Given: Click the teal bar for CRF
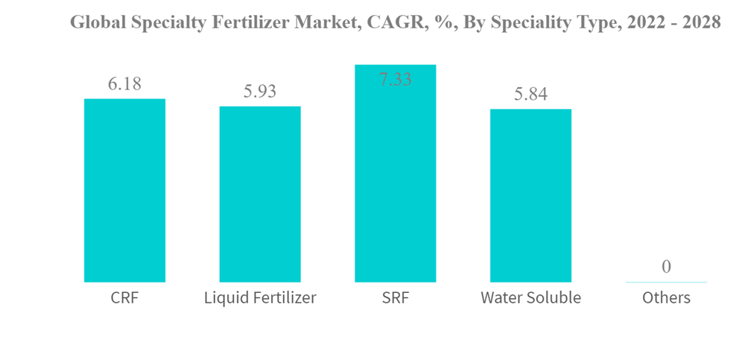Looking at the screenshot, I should click(x=124, y=190).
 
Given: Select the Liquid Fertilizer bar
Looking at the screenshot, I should click(x=260, y=194).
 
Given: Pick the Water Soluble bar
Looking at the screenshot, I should click(x=530, y=195).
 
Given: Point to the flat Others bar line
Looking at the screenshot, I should click(x=666, y=282).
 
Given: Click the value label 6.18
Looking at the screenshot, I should click(x=124, y=84).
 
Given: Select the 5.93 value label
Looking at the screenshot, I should click(x=260, y=92).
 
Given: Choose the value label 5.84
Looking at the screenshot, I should click(x=530, y=95).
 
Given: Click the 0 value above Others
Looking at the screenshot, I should click(x=666, y=267).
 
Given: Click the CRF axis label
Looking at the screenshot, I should click(x=124, y=298).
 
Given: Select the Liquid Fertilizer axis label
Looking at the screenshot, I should click(x=260, y=298).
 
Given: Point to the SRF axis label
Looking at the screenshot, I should click(x=395, y=298).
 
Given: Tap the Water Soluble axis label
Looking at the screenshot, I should click(x=530, y=298).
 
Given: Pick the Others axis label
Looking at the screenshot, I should click(x=666, y=298).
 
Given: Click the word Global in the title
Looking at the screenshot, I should click(x=95, y=22).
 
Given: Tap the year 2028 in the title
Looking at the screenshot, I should click(x=701, y=22).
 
